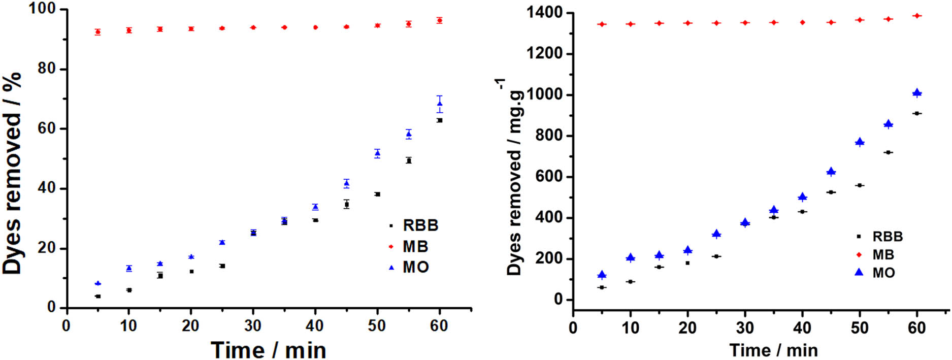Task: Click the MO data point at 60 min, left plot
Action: [440, 104]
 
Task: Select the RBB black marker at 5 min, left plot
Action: [98, 296]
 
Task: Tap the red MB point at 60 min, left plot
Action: [440, 20]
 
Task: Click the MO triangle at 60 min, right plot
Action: [917, 93]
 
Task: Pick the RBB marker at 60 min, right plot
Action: [917, 113]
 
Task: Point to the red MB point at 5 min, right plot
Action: [602, 24]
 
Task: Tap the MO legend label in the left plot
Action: [415, 267]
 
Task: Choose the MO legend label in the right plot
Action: [883, 273]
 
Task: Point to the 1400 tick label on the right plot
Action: [546, 12]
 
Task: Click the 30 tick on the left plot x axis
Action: [253, 325]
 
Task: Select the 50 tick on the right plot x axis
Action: [860, 328]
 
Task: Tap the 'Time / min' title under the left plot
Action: [268, 350]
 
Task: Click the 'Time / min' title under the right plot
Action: [773, 350]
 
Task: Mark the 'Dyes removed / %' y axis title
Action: [12, 173]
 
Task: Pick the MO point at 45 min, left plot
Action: [346, 183]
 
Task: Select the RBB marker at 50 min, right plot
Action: [860, 185]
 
